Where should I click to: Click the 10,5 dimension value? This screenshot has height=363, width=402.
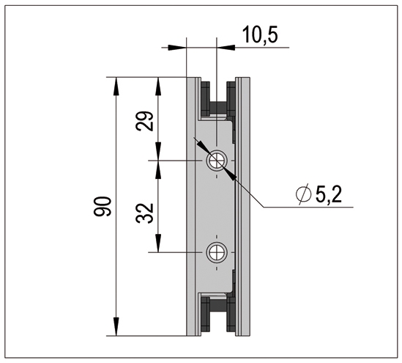click(x=260, y=34)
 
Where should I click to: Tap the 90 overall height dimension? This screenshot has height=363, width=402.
click(x=103, y=206)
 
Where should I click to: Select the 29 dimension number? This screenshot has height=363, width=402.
click(x=144, y=121)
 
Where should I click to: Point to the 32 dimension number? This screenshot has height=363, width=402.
click(x=144, y=213)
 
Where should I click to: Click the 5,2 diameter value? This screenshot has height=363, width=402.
click(x=329, y=194)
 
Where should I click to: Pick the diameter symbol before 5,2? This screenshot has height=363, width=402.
click(x=304, y=194)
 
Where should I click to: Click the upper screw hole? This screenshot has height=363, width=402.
click(x=217, y=161)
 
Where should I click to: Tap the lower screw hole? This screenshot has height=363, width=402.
click(x=217, y=252)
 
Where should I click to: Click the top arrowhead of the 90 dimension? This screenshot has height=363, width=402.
click(x=116, y=87)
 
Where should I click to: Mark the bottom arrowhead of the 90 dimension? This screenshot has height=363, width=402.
click(x=116, y=326)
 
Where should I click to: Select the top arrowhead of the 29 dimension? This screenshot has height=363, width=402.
click(x=158, y=87)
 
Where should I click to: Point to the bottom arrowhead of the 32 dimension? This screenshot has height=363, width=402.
click(x=158, y=243)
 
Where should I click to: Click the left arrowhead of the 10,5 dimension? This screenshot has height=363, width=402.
click(x=177, y=48)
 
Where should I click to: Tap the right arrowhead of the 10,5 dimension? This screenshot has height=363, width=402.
click(x=226, y=48)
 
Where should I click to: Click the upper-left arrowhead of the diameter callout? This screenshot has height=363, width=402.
click(x=203, y=147)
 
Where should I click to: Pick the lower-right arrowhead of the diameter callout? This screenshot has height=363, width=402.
click(x=230, y=174)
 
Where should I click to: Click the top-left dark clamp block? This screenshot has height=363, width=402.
click(x=205, y=99)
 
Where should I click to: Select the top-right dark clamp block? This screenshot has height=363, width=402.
click(x=231, y=99)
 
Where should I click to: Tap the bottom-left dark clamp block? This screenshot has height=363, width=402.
click(x=205, y=314)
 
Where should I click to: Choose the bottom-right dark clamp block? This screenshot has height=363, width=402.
click(x=231, y=314)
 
